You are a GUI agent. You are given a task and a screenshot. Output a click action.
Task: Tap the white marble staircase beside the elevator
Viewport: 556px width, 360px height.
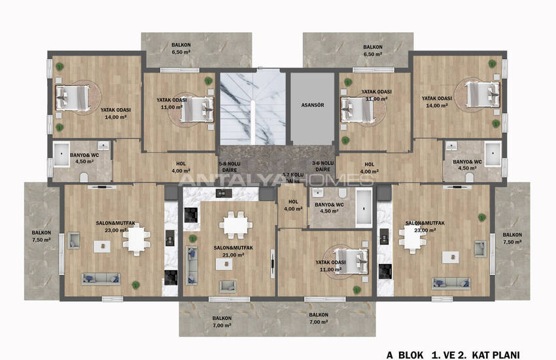pos(252,108)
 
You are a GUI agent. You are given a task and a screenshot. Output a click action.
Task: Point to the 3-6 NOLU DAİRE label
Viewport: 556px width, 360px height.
pos(322,166)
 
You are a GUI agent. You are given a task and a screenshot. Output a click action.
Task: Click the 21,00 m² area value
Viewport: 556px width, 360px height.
pos(234,256)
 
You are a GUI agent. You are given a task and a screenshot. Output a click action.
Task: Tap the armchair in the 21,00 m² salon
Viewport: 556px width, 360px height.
pos(228,286)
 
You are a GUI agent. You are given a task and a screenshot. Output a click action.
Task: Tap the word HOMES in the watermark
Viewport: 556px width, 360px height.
pos(349,179)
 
